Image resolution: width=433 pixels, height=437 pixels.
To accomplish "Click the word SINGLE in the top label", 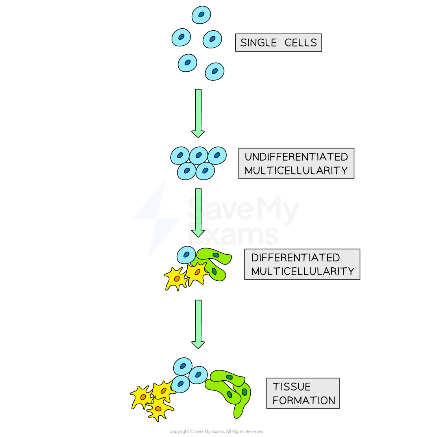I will (x=258, y=43).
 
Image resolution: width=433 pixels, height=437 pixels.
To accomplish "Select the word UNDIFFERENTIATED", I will (x=296, y=157).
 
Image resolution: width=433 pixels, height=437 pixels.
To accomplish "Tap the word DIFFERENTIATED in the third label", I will (x=295, y=257).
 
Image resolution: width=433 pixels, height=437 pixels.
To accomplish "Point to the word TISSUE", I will (x=292, y=387).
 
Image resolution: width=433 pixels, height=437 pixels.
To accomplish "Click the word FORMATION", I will (x=303, y=400).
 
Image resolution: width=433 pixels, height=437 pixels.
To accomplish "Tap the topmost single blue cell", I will (x=201, y=15).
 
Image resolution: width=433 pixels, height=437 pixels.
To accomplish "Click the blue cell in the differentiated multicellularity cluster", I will (x=186, y=255).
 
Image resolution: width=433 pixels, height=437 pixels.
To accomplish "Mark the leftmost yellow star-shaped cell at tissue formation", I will (x=142, y=397).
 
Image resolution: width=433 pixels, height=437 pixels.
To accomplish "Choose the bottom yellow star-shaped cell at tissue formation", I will (x=158, y=409).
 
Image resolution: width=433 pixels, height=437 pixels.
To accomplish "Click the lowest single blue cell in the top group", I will (x=215, y=71).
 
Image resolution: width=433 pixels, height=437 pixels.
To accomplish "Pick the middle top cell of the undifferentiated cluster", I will (x=198, y=156).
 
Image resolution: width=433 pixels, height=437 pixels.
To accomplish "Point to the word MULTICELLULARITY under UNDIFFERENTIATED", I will (x=296, y=170).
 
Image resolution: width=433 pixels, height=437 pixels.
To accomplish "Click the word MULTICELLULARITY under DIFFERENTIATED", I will (x=302, y=271).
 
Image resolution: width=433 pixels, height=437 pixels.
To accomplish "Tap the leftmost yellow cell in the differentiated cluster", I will (x=176, y=279).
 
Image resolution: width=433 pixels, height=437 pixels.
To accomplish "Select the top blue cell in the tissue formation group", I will (x=183, y=366).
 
